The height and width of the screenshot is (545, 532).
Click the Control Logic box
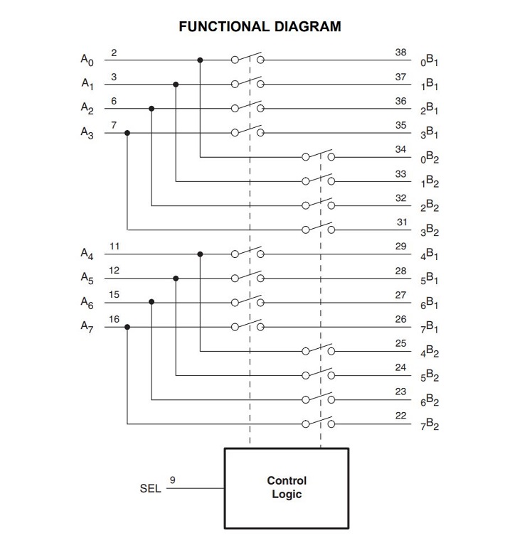287,488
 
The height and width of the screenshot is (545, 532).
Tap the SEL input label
150,489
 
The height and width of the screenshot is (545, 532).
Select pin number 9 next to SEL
174,481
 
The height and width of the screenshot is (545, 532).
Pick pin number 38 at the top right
401,53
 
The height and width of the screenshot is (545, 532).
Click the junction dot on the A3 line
127,133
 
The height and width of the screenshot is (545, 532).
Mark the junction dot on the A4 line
200,254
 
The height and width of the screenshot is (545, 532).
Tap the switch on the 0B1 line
247,60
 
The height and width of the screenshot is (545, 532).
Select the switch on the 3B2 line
318,229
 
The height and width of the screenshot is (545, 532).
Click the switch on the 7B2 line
318,423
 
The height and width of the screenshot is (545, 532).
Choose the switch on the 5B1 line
247,278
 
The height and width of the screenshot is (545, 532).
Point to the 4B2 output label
429,352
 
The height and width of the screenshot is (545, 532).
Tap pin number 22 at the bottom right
401,416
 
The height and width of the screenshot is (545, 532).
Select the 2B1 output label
429,110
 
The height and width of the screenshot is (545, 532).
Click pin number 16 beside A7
115,319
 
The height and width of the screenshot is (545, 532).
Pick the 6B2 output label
429,401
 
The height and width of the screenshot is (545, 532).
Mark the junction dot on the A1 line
176,85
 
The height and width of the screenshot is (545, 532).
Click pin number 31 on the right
401,222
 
